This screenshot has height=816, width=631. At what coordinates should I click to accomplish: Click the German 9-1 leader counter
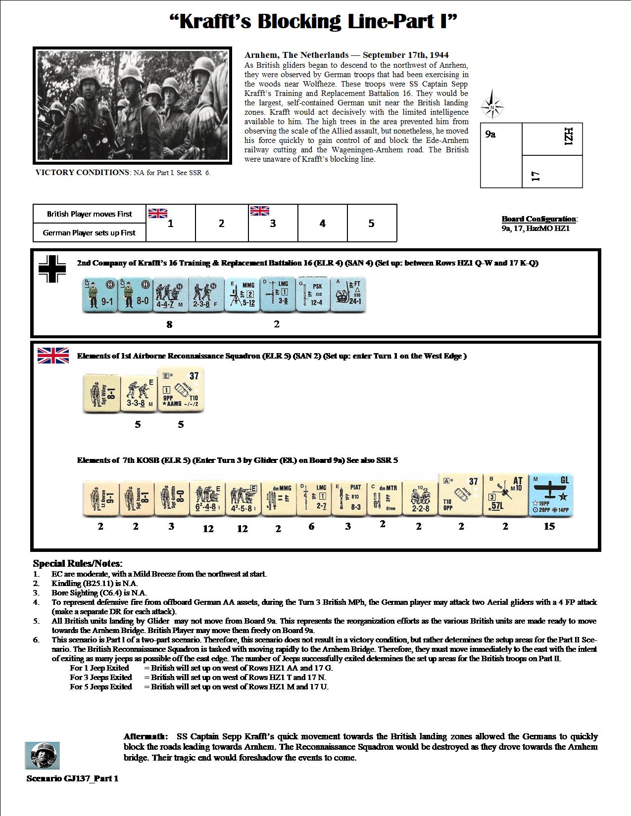pyautogui.click(x=99, y=295)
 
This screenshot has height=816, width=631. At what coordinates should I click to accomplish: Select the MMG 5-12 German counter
pyautogui.click(x=242, y=295)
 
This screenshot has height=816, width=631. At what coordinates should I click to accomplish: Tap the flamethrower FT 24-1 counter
pyautogui.click(x=348, y=295)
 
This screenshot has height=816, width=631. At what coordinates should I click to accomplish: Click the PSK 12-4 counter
pyautogui.click(x=313, y=295)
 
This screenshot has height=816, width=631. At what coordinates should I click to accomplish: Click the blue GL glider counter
pyautogui.click(x=551, y=495)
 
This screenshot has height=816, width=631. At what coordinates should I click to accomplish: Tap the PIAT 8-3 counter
pyautogui.click(x=348, y=499)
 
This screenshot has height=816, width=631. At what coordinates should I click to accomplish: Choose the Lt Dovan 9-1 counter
pyautogui.click(x=100, y=499)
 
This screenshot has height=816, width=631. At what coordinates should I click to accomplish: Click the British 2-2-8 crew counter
pyautogui.click(x=419, y=499)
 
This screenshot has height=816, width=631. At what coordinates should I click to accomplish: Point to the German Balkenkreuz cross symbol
pyautogui.click(x=52, y=269)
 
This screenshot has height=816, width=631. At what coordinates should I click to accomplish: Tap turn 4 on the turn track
pyautogui.click(x=322, y=224)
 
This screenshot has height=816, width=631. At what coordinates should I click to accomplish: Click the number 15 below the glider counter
pyautogui.click(x=549, y=527)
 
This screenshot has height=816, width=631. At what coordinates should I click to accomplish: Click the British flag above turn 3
pyautogui.click(x=260, y=211)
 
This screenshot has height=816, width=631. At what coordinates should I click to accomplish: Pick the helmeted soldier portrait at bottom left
pyautogui.click(x=42, y=755)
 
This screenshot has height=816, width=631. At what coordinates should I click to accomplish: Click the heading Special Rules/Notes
pyautogui.click(x=78, y=563)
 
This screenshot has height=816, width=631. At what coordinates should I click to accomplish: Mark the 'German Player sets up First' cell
pyautogui.click(x=89, y=232)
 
